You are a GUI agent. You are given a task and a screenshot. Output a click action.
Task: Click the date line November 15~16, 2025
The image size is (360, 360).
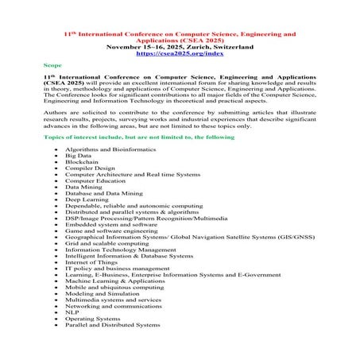tap(180, 47)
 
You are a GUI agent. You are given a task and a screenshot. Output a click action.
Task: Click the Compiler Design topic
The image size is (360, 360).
tap(90, 168)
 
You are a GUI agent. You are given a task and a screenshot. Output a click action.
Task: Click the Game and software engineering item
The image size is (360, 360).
tap(107, 230)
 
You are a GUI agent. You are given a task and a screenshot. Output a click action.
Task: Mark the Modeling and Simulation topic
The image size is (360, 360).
tap(98, 293)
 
